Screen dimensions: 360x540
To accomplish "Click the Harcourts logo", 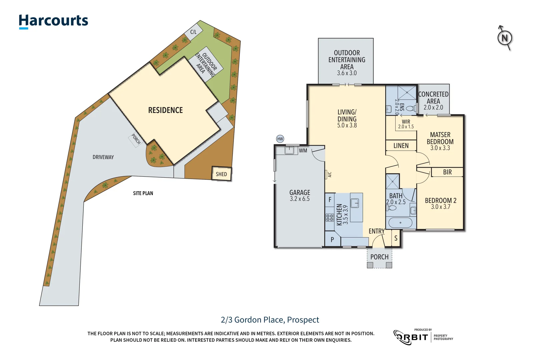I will [x=53, y=21].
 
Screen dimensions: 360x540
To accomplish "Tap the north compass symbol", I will [x=505, y=38].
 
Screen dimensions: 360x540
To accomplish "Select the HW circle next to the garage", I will [x=280, y=139].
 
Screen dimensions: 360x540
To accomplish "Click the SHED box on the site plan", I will [x=221, y=174].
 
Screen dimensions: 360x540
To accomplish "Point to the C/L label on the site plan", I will [x=193, y=32].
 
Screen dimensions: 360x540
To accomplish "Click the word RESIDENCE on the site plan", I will [x=165, y=110].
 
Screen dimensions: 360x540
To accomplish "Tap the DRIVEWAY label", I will [x=103, y=157].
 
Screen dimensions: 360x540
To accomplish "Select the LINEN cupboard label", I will [x=401, y=146].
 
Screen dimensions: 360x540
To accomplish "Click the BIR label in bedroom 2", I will [x=447, y=172].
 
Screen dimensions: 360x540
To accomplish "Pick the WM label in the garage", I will [x=303, y=151].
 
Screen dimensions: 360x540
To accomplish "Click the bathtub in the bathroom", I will [x=400, y=223].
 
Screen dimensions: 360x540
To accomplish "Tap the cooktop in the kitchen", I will [x=330, y=218].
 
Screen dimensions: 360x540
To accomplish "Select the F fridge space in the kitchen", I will [x=330, y=200].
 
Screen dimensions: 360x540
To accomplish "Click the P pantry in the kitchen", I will [x=332, y=239].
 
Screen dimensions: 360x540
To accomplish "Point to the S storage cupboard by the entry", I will [x=396, y=238].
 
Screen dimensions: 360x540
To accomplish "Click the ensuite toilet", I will [x=410, y=108].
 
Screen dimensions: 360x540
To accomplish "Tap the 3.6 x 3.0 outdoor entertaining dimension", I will [x=347, y=73].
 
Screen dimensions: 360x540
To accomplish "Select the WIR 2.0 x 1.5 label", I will [x=406, y=124].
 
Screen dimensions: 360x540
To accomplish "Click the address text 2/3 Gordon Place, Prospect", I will [x=270, y=320].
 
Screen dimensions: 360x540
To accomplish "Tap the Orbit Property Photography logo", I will [x=423, y=337].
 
